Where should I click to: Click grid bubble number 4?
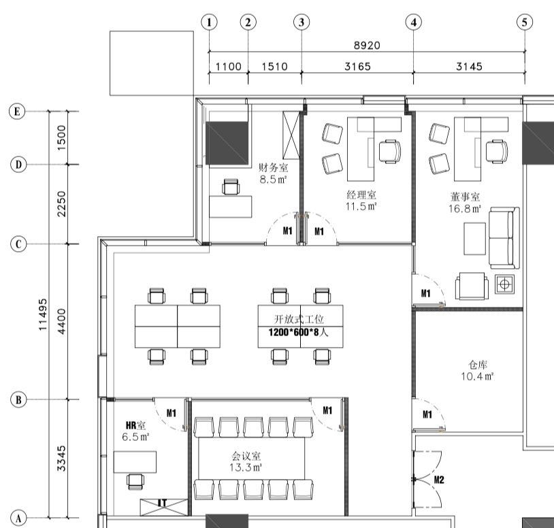pos(413,22)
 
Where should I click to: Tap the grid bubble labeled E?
pos(17,112)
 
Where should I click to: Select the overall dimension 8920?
pos(367,46)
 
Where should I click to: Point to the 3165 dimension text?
pos(357,67)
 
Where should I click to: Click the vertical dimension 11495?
pos(43,314)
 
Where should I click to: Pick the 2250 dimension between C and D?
pos(61,203)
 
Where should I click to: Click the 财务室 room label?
pos(274,167)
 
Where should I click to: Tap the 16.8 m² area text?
pos(465,209)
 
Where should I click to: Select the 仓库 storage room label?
pos(478,365)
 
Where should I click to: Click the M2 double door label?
pos(439,480)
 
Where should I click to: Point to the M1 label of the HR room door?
pos(172,413)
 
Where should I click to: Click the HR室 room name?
pos(135,425)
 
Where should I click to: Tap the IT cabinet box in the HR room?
pos(163,507)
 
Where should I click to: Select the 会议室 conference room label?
pos(246,456)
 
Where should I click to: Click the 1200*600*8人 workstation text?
pos(298,332)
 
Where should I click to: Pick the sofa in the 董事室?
pos(504,238)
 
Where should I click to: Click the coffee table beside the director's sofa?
pos(474,238)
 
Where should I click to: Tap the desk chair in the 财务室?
pos(231,186)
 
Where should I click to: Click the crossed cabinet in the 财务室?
pos(291,135)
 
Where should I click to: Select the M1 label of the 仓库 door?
pos(427,414)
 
